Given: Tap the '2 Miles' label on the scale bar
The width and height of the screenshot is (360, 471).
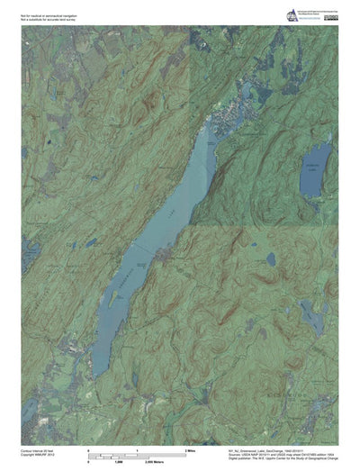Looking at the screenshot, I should [190, 448].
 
